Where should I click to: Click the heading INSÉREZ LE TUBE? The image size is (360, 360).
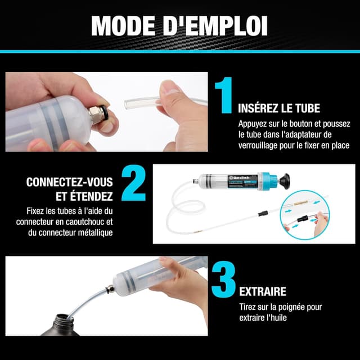[x=280, y=107]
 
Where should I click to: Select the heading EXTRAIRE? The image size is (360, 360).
[x=263, y=291]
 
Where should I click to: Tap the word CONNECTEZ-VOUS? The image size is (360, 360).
[x=69, y=182]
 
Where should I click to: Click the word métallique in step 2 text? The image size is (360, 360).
[x=91, y=232]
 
